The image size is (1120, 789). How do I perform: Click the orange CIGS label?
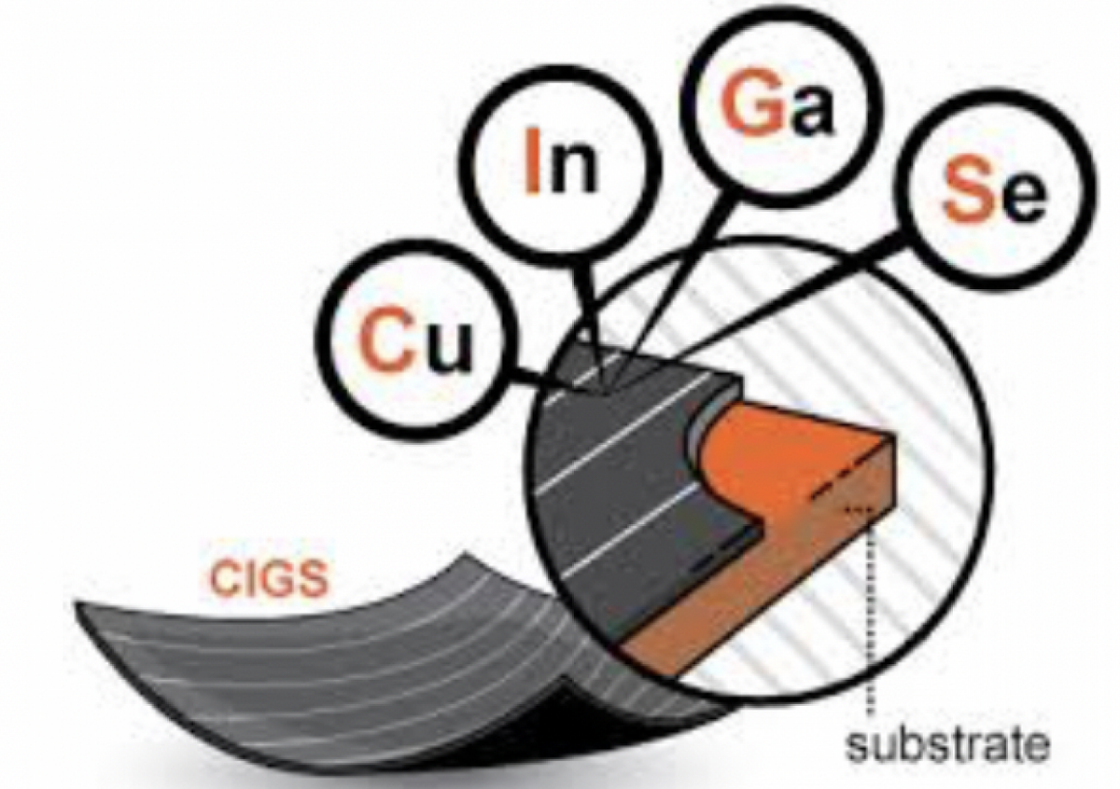coord(268,580)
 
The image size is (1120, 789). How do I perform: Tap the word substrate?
coord(945,746)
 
